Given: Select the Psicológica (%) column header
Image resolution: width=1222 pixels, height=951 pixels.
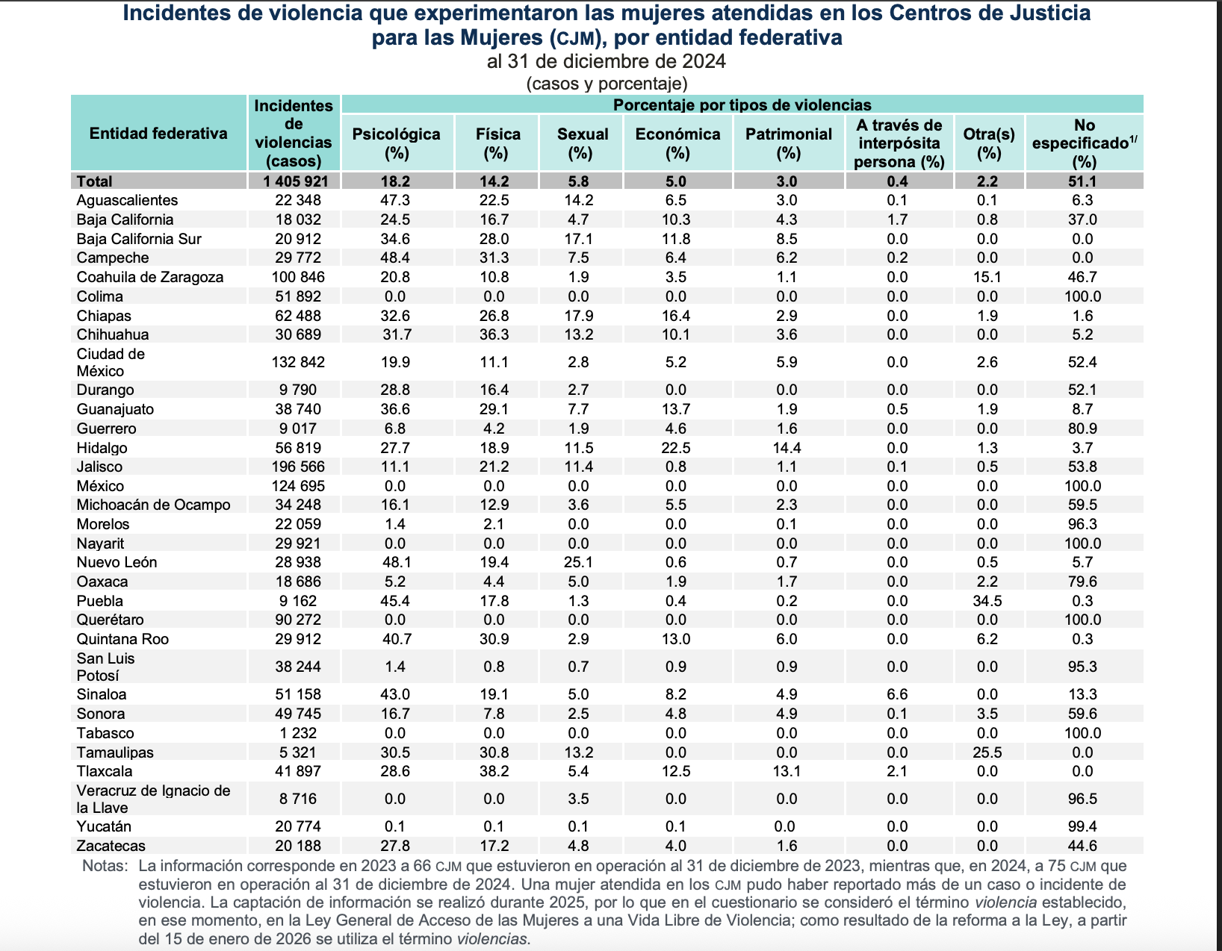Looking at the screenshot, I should click(396, 143).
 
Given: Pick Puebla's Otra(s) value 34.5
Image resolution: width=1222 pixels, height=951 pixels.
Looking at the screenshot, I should click(987, 601).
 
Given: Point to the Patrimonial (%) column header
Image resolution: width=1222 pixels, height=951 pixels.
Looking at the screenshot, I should click(788, 143).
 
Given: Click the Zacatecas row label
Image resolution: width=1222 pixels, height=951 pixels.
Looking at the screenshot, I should click(111, 846).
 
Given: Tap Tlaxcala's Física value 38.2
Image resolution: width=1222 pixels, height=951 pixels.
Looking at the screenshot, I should click(494, 771).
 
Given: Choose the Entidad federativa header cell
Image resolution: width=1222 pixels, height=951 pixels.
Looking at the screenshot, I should click(158, 134).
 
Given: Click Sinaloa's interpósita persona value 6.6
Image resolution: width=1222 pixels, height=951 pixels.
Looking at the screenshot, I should click(897, 694).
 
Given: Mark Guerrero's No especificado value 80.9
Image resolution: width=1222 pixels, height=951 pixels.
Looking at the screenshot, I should click(1082, 428).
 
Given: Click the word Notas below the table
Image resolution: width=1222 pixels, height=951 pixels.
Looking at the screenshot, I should click(105, 866).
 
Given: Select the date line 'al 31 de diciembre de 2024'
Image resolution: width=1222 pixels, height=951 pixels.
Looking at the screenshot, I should click(606, 61).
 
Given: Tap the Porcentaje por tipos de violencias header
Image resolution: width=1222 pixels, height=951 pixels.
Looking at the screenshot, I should click(742, 105).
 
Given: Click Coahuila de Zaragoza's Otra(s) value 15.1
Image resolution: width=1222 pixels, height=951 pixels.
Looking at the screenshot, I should click(987, 277).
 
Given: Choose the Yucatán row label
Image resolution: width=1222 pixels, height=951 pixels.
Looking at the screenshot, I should click(104, 826).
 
